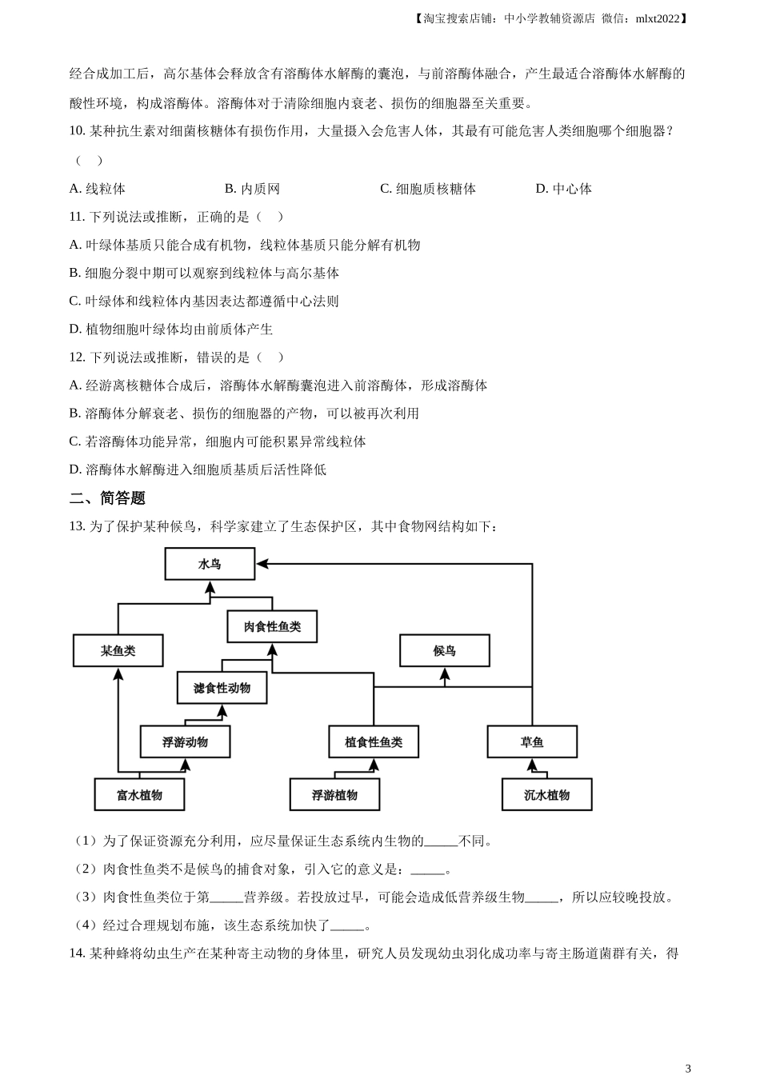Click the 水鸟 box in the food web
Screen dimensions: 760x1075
point(210,564)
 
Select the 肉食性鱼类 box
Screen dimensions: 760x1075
point(272,626)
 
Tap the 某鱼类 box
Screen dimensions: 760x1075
point(118,650)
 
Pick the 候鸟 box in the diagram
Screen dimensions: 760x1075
point(445,650)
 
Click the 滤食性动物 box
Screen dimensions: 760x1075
point(222,688)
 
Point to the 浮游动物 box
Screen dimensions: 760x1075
point(185,741)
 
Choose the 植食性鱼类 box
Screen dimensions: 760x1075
point(374,741)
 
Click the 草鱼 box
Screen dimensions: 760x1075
point(532,741)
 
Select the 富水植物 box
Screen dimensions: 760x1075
point(139,794)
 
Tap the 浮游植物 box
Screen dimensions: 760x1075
point(334,794)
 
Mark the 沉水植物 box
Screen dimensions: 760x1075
point(547,794)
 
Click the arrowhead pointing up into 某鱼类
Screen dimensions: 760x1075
point(118,673)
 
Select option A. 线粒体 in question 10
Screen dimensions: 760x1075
point(98,189)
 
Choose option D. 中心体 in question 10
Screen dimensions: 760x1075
point(564,189)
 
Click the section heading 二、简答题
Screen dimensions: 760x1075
point(107,498)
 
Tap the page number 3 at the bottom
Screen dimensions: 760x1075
point(688,1067)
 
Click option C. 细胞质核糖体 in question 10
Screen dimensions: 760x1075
point(428,189)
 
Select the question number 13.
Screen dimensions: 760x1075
point(77,526)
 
